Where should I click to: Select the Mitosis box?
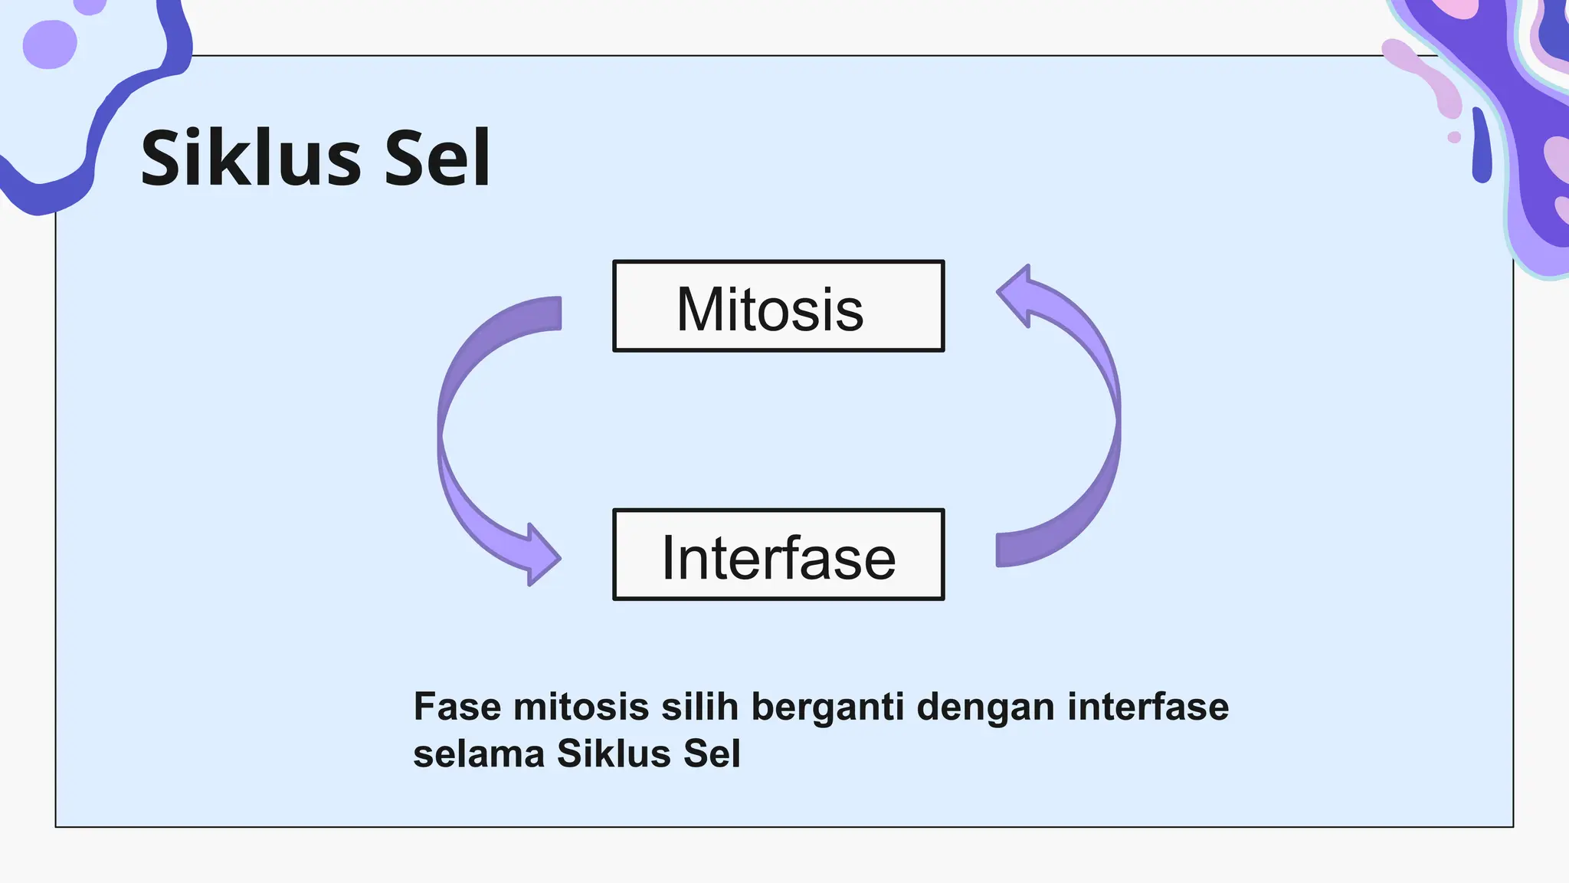(x=778, y=307)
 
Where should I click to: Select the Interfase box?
(x=778, y=554)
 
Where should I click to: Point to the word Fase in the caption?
(x=457, y=707)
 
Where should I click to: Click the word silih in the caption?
(x=699, y=707)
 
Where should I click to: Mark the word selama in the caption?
(x=479, y=754)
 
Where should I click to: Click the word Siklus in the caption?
(x=614, y=754)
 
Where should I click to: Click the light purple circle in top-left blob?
(x=50, y=44)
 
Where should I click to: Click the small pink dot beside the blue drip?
(x=1454, y=137)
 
